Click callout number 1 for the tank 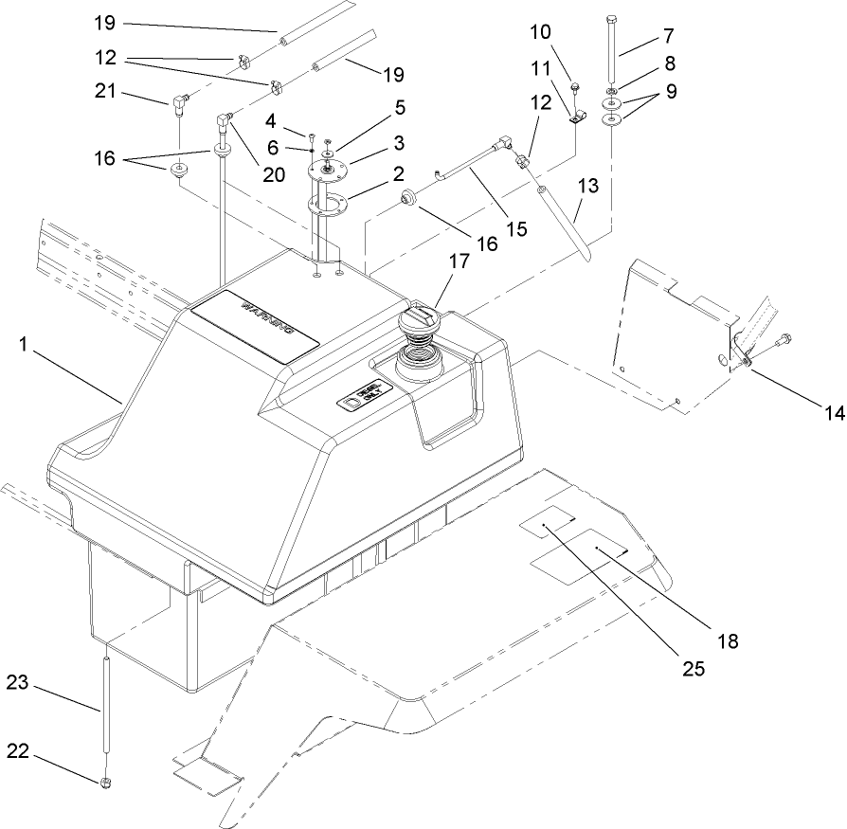(x=21, y=347)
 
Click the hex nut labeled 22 (x=108, y=782)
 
